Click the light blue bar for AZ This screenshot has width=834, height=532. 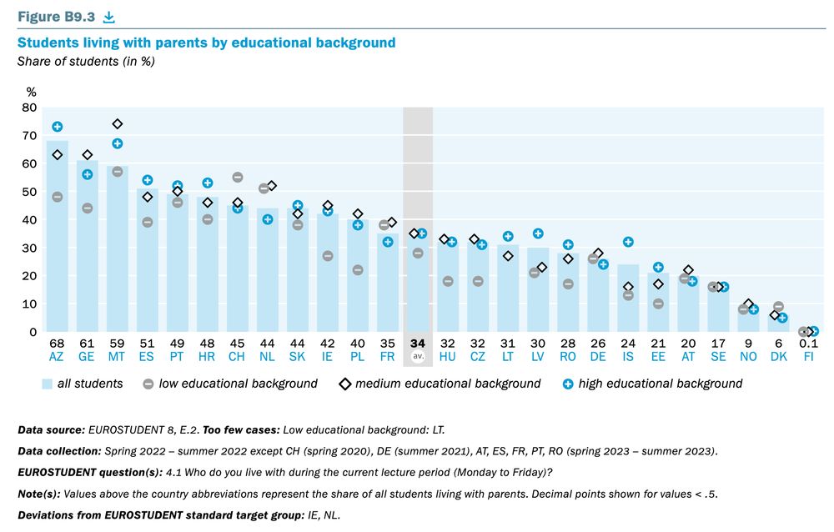pyautogui.click(x=58, y=250)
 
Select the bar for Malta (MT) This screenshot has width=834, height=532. pyautogui.click(x=118, y=258)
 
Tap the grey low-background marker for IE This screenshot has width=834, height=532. pyautogui.click(x=328, y=256)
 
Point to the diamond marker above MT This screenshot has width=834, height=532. pyautogui.click(x=118, y=124)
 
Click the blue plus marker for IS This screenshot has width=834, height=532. pyautogui.click(x=628, y=242)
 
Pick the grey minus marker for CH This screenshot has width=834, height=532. pyautogui.click(x=238, y=177)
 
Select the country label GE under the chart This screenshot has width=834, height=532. pyautogui.click(x=88, y=356)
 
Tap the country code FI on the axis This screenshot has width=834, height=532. pyautogui.click(x=807, y=356)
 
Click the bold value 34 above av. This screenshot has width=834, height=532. pyautogui.click(x=418, y=343)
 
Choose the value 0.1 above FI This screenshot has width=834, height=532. pyautogui.click(x=807, y=343)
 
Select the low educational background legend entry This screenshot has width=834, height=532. pyautogui.click(x=230, y=384)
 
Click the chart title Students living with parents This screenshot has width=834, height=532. pyautogui.click(x=206, y=43)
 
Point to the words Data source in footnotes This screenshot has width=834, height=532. pyautogui.click(x=49, y=429)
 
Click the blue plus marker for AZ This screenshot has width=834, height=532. pyautogui.click(x=58, y=127)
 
